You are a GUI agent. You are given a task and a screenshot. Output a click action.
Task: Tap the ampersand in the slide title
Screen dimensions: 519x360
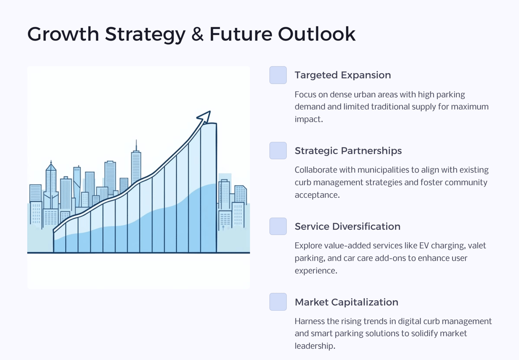coord(197,34)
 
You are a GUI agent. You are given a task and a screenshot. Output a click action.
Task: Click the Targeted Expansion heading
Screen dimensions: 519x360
coord(343,75)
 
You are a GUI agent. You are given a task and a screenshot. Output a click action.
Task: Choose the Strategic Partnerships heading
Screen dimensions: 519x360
coord(348,151)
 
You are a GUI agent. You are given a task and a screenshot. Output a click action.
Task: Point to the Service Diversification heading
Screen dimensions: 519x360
coord(348,227)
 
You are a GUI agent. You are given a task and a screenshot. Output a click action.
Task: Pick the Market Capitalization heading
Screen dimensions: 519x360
coord(347,302)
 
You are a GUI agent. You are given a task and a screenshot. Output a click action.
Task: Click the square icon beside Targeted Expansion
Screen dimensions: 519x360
coord(278,75)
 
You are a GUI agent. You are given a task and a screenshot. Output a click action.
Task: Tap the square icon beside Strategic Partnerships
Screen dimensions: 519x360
coord(278,151)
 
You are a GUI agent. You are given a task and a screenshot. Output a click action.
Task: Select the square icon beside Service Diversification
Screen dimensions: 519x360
coord(278,226)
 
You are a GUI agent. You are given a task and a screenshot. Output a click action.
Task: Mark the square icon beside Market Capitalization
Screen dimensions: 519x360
coord(278,302)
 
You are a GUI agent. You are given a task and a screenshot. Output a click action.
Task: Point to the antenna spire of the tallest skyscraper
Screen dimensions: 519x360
coord(136,146)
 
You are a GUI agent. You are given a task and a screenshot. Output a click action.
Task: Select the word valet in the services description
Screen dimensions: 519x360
coord(477,246)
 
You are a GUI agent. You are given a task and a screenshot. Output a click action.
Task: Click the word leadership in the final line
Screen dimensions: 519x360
coord(314,346)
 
